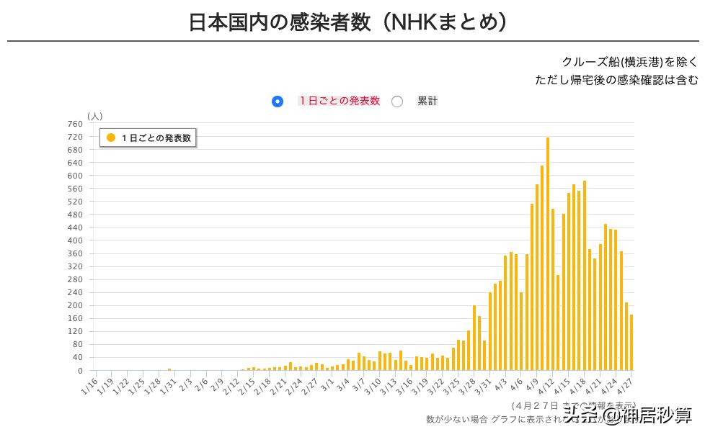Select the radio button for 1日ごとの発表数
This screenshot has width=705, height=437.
point(278,102)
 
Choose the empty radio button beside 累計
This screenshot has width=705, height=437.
point(397,102)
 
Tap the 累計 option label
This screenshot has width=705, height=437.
point(427,102)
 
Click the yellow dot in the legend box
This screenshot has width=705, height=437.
point(111,138)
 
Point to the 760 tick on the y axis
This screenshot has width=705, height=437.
point(75,124)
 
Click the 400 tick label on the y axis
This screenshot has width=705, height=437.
point(75,240)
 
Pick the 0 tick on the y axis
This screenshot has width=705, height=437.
point(79,371)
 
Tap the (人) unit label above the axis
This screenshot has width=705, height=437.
point(94,115)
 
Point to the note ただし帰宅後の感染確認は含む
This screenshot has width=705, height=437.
point(616,80)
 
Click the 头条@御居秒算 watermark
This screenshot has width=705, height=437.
point(627,415)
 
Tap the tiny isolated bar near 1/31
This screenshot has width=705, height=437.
point(169,369)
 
